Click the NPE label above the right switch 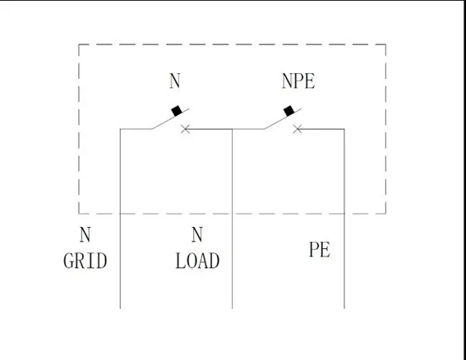point(298,81)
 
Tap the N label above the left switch point(174,81)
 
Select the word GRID point(85,261)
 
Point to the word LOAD point(197,261)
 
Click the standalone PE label point(319,250)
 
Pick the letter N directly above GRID point(85,236)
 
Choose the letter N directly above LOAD point(196,236)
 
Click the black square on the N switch point(176,111)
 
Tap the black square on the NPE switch point(288,111)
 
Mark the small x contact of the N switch point(185,129)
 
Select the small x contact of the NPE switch point(297,129)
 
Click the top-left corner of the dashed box point(79,44)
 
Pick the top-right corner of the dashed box point(385,44)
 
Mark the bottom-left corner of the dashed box point(79,213)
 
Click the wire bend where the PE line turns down point(344,129)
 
